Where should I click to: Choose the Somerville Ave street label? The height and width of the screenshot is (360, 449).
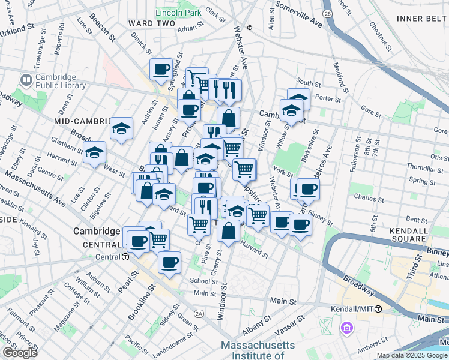298,15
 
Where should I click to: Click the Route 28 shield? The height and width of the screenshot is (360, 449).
327,13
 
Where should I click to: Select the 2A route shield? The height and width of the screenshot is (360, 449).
199,313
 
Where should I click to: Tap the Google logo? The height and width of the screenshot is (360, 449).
20,353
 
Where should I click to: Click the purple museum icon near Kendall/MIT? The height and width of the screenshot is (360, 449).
346,328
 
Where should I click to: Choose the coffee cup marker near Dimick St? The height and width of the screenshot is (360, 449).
161,70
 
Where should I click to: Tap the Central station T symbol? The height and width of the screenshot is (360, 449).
125,257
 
